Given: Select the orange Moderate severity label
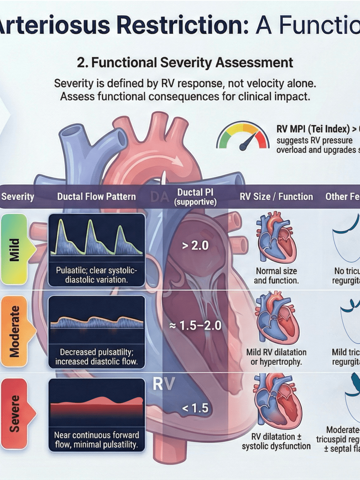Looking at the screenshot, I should (15, 332).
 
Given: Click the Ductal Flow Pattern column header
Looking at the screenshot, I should (96, 196).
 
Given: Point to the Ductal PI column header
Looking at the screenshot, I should (195, 197).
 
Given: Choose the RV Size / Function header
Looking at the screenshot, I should (276, 196).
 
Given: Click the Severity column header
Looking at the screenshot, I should (18, 196).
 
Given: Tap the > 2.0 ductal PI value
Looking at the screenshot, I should (195, 245).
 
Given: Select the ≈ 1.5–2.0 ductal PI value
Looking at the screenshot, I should (195, 325).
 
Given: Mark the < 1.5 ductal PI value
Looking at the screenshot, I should (195, 408).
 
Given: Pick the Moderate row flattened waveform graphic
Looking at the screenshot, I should (96, 320).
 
